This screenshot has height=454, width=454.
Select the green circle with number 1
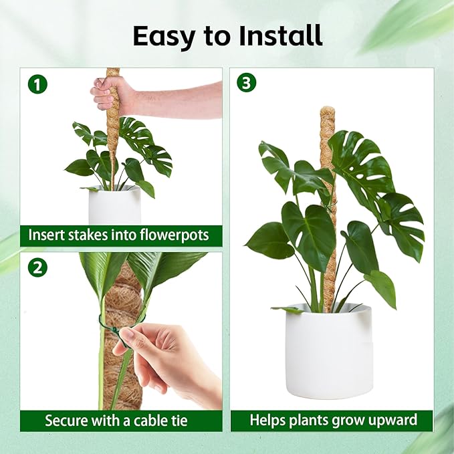(x=38, y=84)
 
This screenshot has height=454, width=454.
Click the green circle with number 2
(x=38, y=267)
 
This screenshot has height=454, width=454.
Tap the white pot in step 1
(x=114, y=205)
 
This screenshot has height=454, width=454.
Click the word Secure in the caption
(x=66, y=421)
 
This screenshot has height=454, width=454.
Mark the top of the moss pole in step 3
(x=327, y=111)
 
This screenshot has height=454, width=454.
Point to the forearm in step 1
(x=181, y=99)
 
